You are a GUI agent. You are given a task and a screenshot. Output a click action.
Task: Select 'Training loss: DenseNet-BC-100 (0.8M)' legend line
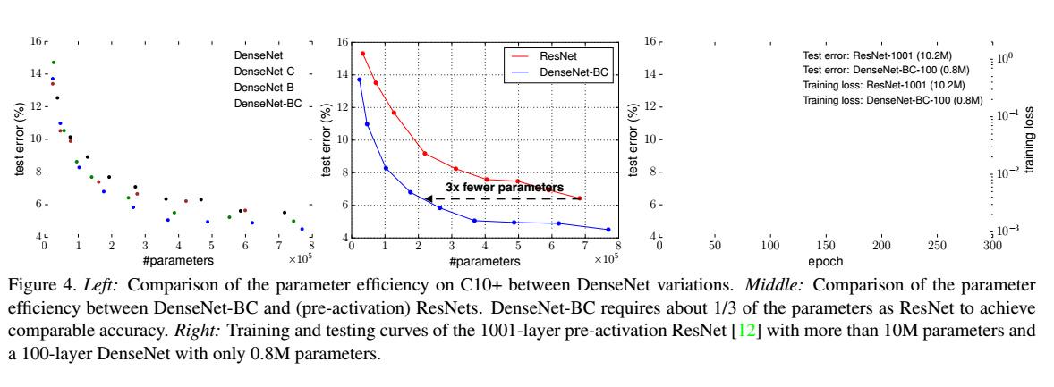tap(892, 100)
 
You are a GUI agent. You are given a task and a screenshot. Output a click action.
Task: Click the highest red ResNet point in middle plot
tap(362, 54)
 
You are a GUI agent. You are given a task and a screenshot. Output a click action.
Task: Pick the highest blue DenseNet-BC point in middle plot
tap(360, 80)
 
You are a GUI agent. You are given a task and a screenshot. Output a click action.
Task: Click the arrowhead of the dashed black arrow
tap(428, 198)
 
